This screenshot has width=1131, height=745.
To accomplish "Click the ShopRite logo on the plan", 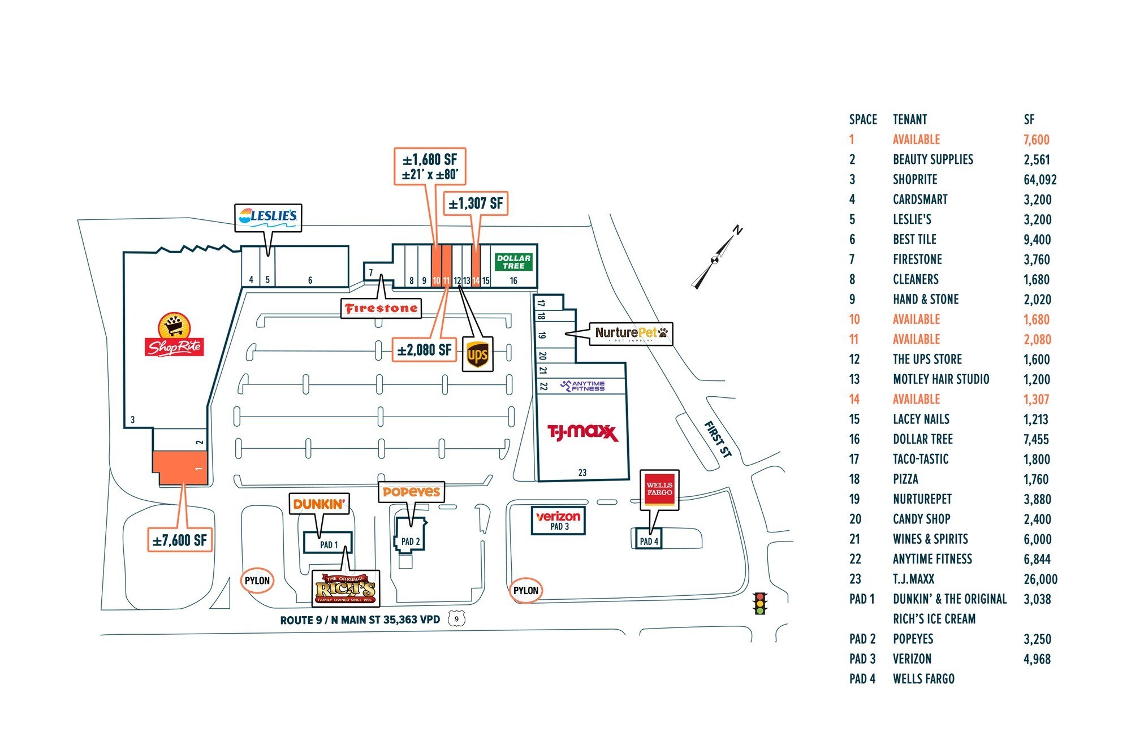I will coord(174,335).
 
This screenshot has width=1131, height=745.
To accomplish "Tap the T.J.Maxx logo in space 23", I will coord(582,433).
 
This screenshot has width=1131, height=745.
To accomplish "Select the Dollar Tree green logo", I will coord(513,262).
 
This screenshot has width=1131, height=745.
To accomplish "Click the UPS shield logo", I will coord(477,355).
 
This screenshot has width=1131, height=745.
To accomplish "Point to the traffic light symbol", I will coord(760,603).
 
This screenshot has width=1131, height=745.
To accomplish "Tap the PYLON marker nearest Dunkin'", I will coord(257,581).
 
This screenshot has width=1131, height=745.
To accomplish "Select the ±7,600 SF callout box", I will coord(179,540).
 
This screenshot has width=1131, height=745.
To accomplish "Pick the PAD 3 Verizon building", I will coord(558,520).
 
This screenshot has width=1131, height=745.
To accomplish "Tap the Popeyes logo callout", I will coord(411,492).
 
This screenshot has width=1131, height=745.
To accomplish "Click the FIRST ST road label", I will coord(718,439).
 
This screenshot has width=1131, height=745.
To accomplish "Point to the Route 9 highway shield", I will coord(456,619).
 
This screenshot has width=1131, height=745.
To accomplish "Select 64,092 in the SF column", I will coord(1039,180).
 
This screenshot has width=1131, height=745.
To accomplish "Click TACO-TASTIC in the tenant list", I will coord(920,459).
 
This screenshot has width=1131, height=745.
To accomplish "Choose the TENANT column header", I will coord(909,119).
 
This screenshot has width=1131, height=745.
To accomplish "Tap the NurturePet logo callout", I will coord(631,333).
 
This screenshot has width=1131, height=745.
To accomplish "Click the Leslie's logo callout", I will coord(268,217).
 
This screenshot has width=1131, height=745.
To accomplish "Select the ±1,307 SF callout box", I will coord(476,203).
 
